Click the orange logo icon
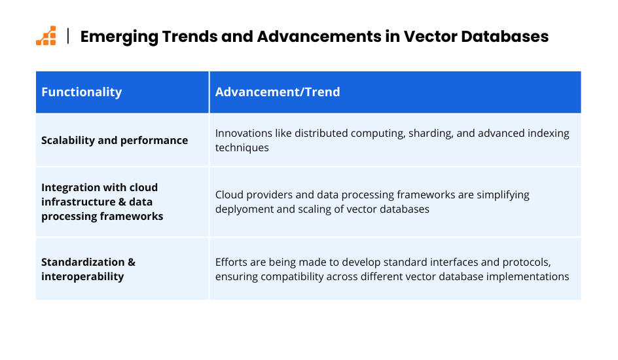tap(46, 36)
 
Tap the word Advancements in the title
tap(319, 36)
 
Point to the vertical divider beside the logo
tap(68, 36)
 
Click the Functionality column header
tap(82, 92)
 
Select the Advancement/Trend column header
tap(278, 92)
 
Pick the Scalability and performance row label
tap(115, 141)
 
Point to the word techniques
tap(242, 148)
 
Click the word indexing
tap(549, 134)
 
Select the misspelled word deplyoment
tap(244, 209)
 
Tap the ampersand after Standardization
tap(131, 262)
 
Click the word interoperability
tap(82, 277)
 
